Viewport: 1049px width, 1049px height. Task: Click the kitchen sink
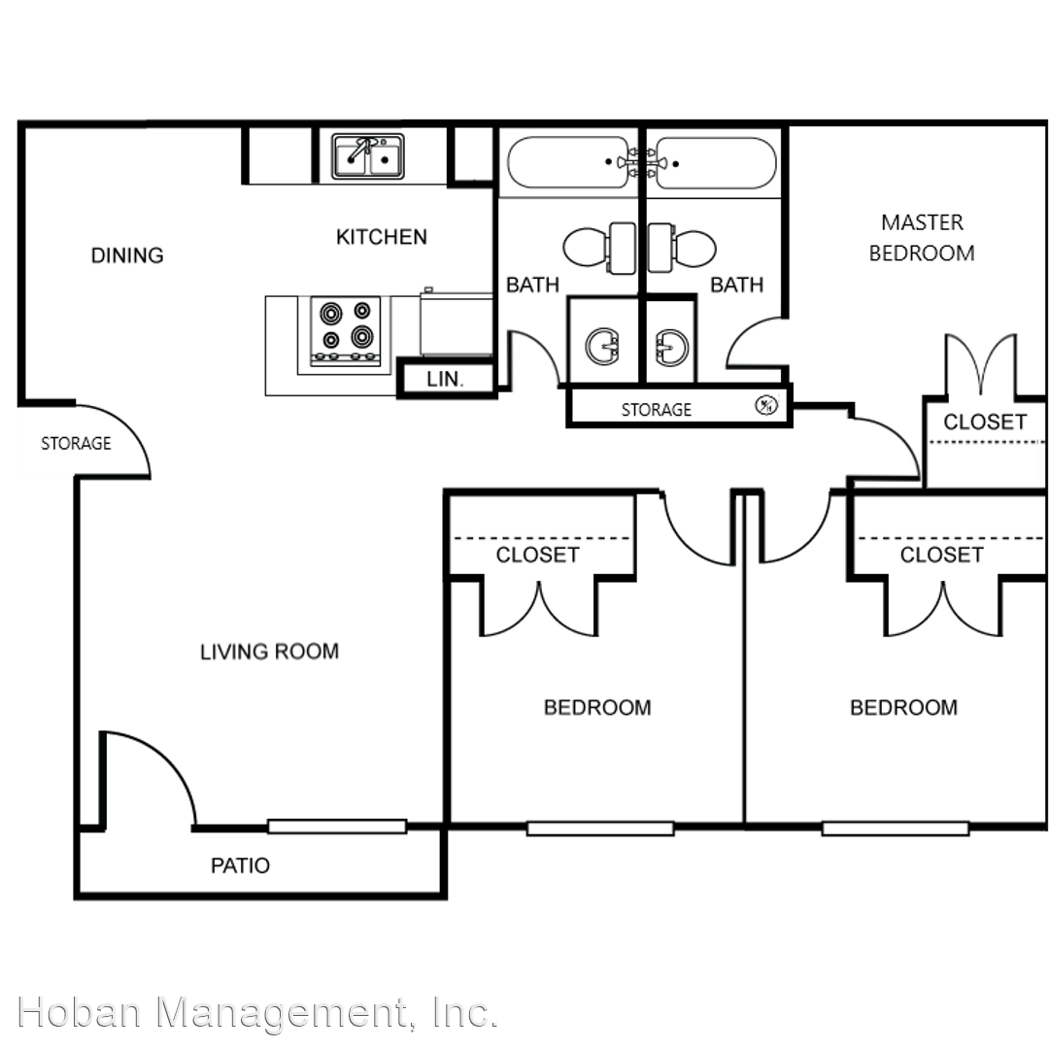368,156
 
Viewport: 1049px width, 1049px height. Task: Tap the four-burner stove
345,332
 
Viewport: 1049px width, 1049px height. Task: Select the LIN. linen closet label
445,380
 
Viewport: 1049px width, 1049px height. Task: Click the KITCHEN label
382,237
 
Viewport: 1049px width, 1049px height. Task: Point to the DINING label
127,255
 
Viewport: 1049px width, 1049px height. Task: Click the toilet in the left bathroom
599,248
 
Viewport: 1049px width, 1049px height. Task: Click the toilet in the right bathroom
682,248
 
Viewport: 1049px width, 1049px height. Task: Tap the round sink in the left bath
603,346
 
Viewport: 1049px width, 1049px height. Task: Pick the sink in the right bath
671,347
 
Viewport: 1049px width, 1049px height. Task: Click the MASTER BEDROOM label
922,238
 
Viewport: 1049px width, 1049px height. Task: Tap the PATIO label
240,865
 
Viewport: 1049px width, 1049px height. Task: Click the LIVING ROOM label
270,652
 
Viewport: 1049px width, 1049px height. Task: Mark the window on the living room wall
337,827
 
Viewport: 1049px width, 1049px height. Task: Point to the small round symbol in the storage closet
766,405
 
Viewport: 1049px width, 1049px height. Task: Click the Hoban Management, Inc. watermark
257,1012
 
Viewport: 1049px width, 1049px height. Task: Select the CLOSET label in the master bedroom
985,423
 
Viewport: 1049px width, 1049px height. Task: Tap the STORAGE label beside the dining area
77,444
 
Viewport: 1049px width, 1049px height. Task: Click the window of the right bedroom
896,829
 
